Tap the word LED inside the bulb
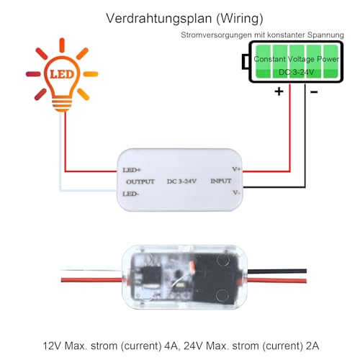63,74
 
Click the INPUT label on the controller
222,181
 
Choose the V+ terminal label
235,169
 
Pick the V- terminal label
236,194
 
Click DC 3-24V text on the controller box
181,181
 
